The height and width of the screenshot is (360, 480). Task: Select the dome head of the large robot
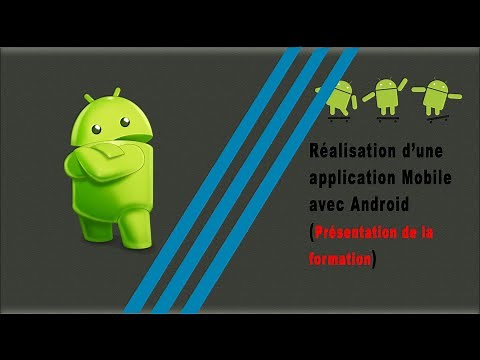click(x=113, y=117)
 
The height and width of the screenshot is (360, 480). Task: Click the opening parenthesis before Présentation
click(x=309, y=232)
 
